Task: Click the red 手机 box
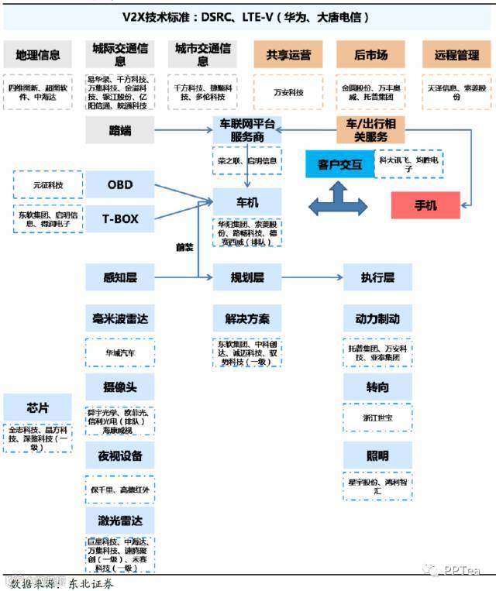(425, 205)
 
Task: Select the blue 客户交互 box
(339, 164)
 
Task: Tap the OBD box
(120, 185)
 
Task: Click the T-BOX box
(120, 219)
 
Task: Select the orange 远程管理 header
(455, 55)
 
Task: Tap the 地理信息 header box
(38, 55)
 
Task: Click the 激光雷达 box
(120, 518)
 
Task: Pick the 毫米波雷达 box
(120, 318)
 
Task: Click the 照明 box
(377, 454)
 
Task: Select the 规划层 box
(247, 277)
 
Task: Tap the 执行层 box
(377, 277)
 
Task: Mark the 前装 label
(184, 247)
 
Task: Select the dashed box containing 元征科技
(48, 185)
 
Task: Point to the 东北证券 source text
(91, 582)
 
